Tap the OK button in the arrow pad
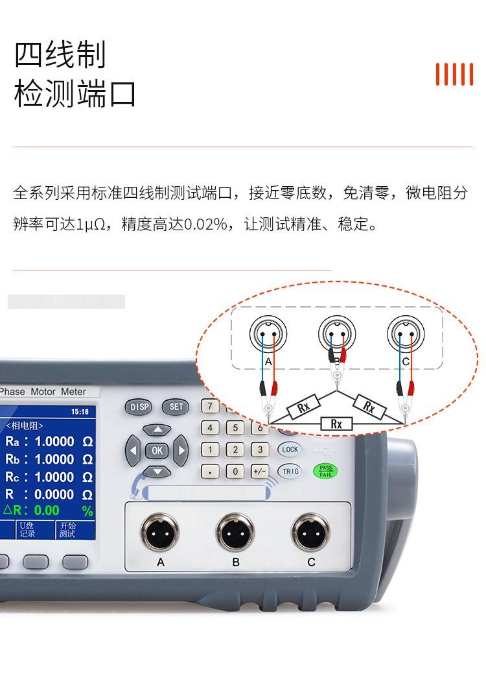[157, 450]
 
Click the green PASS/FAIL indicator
[325, 471]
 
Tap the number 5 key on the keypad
[235, 427]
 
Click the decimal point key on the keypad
[210, 472]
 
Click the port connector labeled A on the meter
[159, 533]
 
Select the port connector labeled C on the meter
[310, 533]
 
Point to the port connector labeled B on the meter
[235, 533]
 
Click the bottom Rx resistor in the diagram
[336, 424]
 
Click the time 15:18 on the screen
[80, 412]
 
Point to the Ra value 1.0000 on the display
[54, 442]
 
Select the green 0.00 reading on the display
[47, 510]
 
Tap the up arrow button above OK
[157, 430]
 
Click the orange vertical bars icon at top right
[454, 74]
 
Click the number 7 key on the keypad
[210, 407]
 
